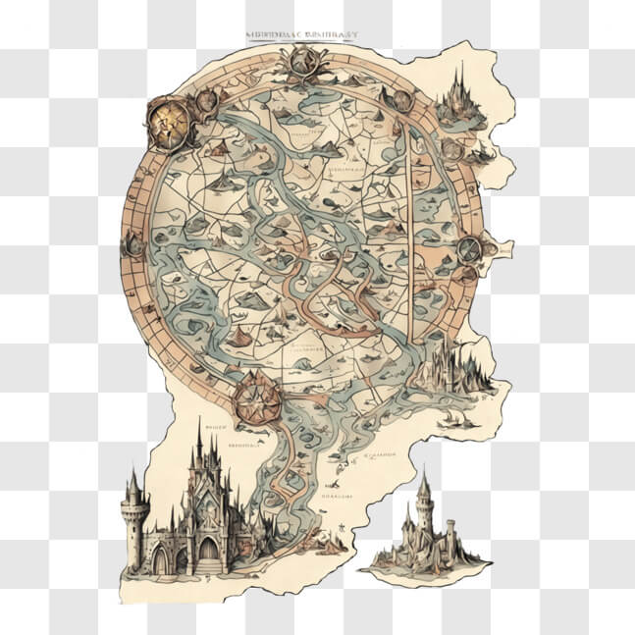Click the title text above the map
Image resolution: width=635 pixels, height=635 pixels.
pos(301,34)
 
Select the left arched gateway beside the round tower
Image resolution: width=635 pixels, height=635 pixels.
pos(160,558)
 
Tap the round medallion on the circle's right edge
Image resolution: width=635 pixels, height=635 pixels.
pos(468,249)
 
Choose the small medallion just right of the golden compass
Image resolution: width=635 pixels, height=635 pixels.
pos(206,101)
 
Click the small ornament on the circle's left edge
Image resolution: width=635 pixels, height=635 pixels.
pos(132,245)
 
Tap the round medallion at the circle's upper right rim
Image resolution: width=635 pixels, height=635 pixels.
pos(401,100)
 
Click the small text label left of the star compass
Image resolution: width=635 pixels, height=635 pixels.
pos(218,428)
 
